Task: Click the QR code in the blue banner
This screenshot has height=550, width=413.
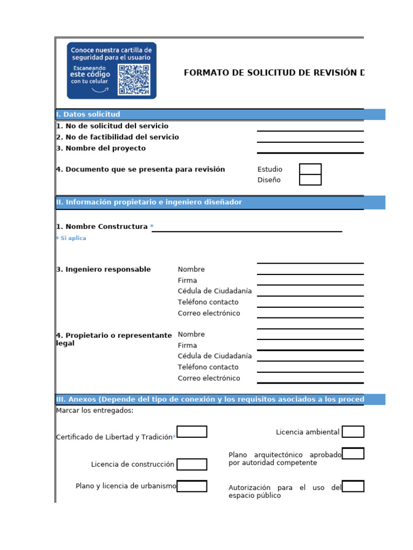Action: click(133, 79)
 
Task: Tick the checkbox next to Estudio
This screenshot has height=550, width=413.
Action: click(310, 169)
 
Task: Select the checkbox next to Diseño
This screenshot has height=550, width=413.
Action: click(310, 180)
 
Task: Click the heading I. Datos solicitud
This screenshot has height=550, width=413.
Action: click(88, 114)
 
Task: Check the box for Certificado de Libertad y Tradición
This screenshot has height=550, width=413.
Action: click(192, 432)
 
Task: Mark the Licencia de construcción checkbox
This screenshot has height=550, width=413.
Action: click(192, 464)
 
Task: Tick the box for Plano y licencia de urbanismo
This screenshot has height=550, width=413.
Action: click(192, 486)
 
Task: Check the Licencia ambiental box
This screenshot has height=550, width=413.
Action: click(353, 432)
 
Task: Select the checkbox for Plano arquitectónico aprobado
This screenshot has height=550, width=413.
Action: click(353, 454)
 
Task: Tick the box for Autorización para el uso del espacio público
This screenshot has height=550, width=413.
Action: click(353, 487)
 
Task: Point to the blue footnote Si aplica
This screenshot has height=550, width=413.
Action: click(71, 238)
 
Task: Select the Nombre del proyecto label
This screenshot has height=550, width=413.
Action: click(101, 148)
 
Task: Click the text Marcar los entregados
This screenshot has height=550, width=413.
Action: click(95, 411)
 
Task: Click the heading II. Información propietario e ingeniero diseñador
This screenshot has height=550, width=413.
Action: click(149, 202)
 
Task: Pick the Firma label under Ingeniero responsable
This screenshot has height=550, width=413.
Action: click(187, 280)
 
